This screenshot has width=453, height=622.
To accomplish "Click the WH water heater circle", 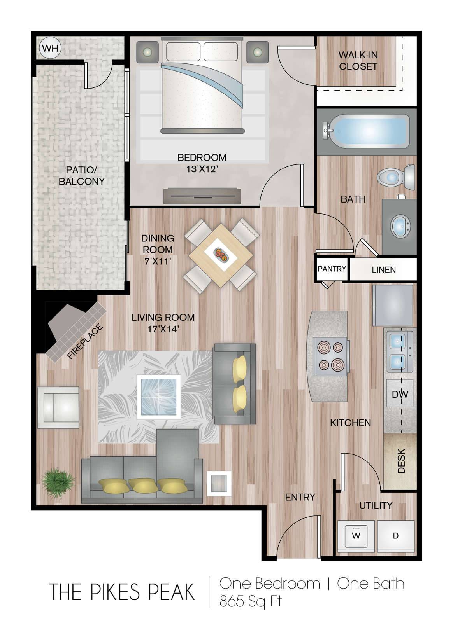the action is [x=50, y=48].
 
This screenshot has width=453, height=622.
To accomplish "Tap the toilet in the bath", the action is [x=396, y=177].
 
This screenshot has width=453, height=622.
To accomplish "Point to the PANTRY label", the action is [x=332, y=269].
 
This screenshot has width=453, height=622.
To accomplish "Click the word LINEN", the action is [x=383, y=270].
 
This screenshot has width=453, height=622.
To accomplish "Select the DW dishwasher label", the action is [x=400, y=394].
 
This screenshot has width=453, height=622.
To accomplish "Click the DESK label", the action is [x=401, y=461].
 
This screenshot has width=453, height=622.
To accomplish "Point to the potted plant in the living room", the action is [x=58, y=482].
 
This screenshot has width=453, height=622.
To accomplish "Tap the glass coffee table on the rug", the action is [x=159, y=397].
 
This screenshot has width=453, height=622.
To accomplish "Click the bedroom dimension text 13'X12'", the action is [x=202, y=169].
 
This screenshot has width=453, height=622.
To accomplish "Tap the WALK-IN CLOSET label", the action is [x=358, y=61].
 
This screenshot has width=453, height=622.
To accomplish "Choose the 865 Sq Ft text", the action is [x=251, y=601].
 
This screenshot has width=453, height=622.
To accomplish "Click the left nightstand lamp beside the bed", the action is [x=147, y=52].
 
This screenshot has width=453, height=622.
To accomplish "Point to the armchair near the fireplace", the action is [x=58, y=407].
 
